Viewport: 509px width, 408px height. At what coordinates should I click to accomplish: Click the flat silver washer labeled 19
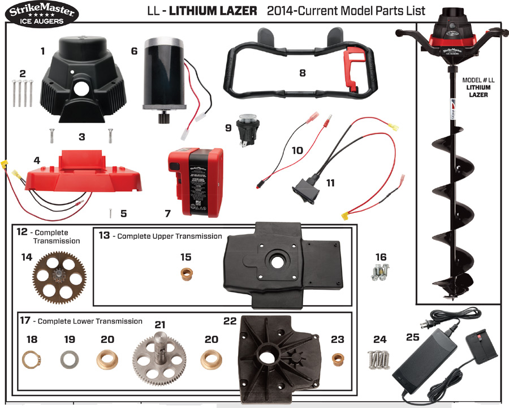[x=69, y=360]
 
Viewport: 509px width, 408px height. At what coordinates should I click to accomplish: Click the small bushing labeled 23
[x=338, y=359]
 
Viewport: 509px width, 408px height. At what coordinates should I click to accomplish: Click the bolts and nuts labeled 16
[x=381, y=273]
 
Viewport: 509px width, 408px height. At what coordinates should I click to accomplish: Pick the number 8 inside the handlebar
[x=302, y=72]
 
